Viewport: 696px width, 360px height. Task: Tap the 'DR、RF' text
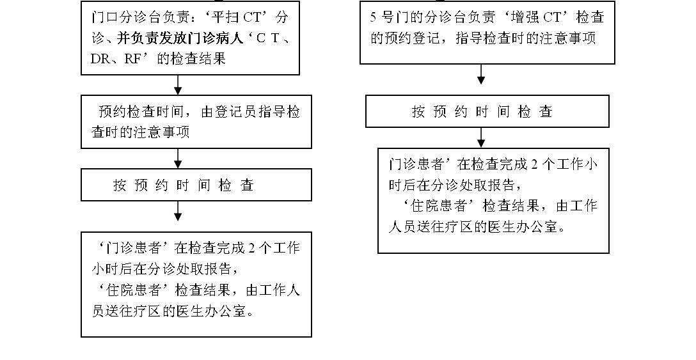[115, 59]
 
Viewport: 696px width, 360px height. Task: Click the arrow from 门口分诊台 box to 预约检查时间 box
[178, 85]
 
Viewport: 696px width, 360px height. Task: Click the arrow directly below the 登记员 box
[178, 159]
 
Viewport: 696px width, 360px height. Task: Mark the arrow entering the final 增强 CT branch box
[481, 137]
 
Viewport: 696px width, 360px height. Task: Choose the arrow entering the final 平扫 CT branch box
[178, 212]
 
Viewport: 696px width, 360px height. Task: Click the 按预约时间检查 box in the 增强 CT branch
[487, 112]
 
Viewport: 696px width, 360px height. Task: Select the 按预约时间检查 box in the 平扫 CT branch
[196, 185]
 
